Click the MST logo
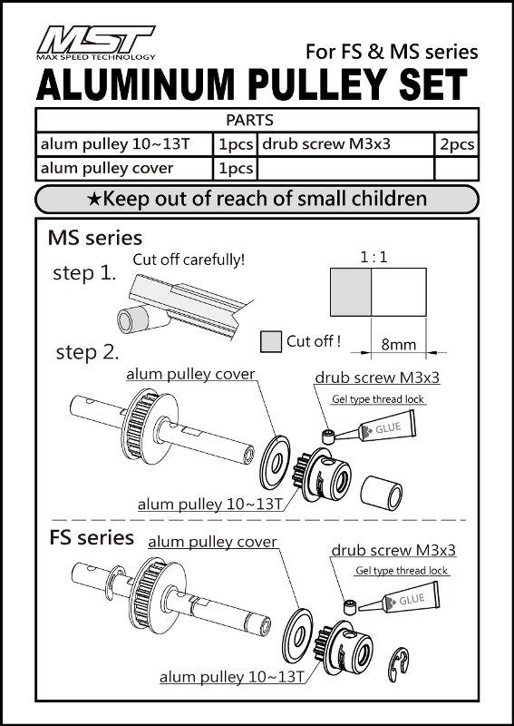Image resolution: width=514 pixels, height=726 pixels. pos(96,43)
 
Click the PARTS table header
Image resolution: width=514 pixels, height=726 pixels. pos(250,121)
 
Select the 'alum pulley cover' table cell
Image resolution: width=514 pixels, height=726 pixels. pos(124,169)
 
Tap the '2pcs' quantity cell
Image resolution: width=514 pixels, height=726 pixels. pos(457,144)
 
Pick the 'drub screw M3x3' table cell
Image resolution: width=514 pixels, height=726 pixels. pos(345,144)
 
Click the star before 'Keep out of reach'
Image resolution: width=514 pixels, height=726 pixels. pos(94,200)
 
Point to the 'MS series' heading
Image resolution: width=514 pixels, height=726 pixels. pos(95,238)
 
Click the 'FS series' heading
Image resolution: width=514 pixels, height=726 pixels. pos(92,538)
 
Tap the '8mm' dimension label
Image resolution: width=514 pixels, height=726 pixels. pos(398,345)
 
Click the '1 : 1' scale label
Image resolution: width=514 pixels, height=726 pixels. pos(373,257)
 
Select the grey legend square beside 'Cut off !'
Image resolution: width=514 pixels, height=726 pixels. pos(271,342)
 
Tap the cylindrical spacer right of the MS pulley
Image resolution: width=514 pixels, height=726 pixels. pos(382,493)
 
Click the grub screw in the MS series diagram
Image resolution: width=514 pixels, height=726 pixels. pos(327,437)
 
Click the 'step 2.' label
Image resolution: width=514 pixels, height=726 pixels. pos(87,353)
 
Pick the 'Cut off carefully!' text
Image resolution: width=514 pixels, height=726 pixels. pos(189,260)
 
